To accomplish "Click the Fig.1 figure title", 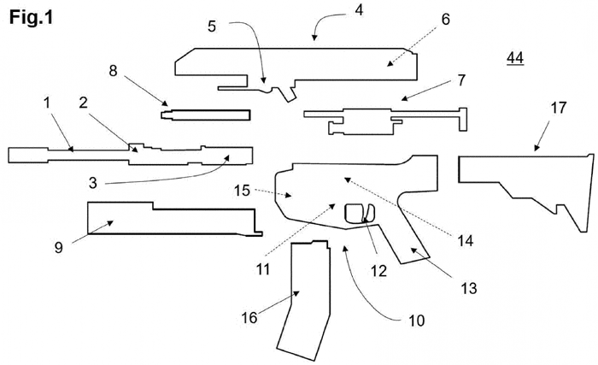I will (x=32, y=17).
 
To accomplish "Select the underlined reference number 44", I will (x=515, y=57).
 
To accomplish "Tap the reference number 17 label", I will (x=559, y=109).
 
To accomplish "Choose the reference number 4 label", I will (x=358, y=10).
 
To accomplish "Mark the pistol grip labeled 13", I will (x=406, y=244).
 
